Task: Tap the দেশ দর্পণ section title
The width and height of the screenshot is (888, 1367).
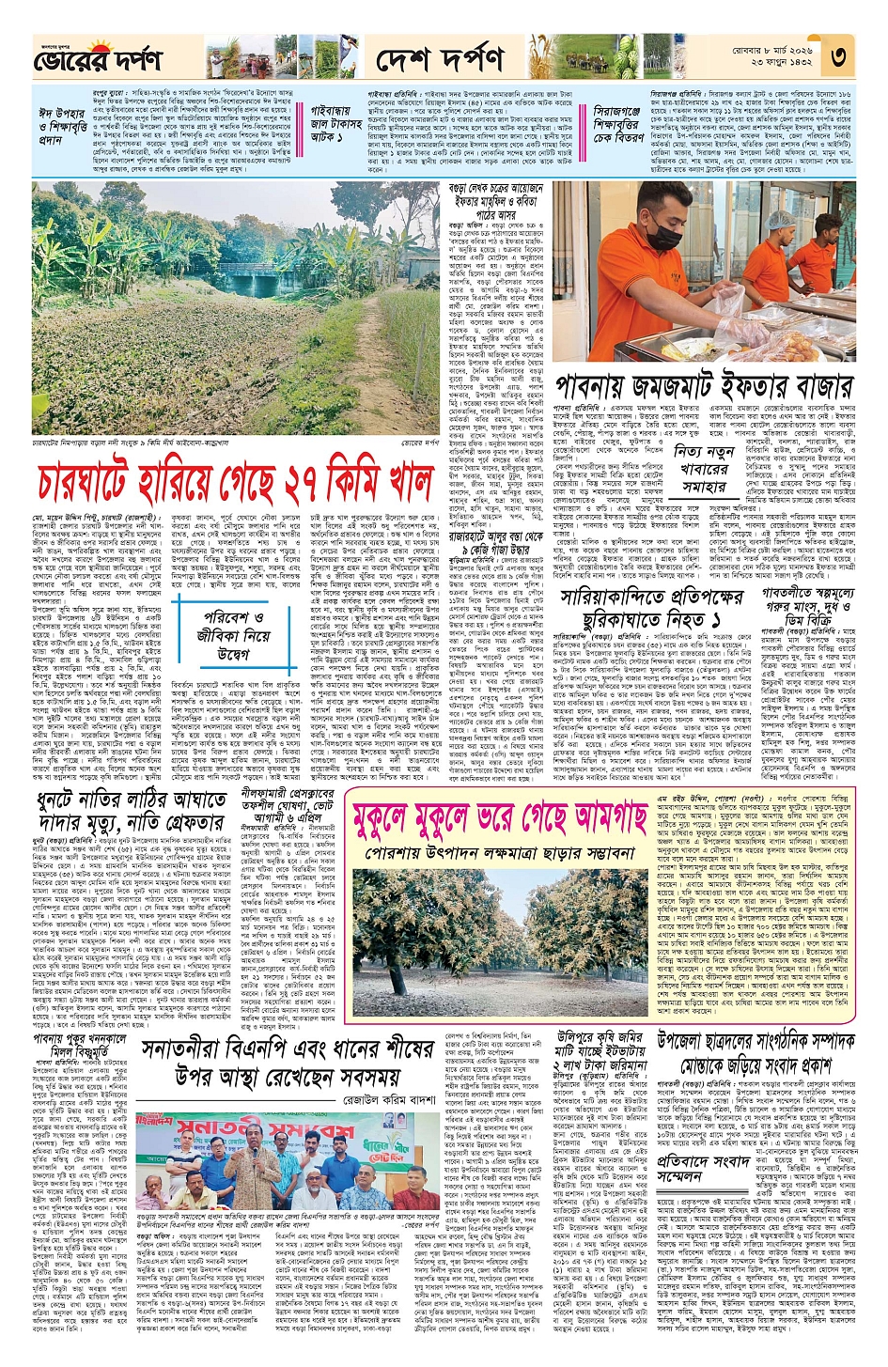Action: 440,60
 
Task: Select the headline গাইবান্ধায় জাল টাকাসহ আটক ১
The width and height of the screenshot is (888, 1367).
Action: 336,124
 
